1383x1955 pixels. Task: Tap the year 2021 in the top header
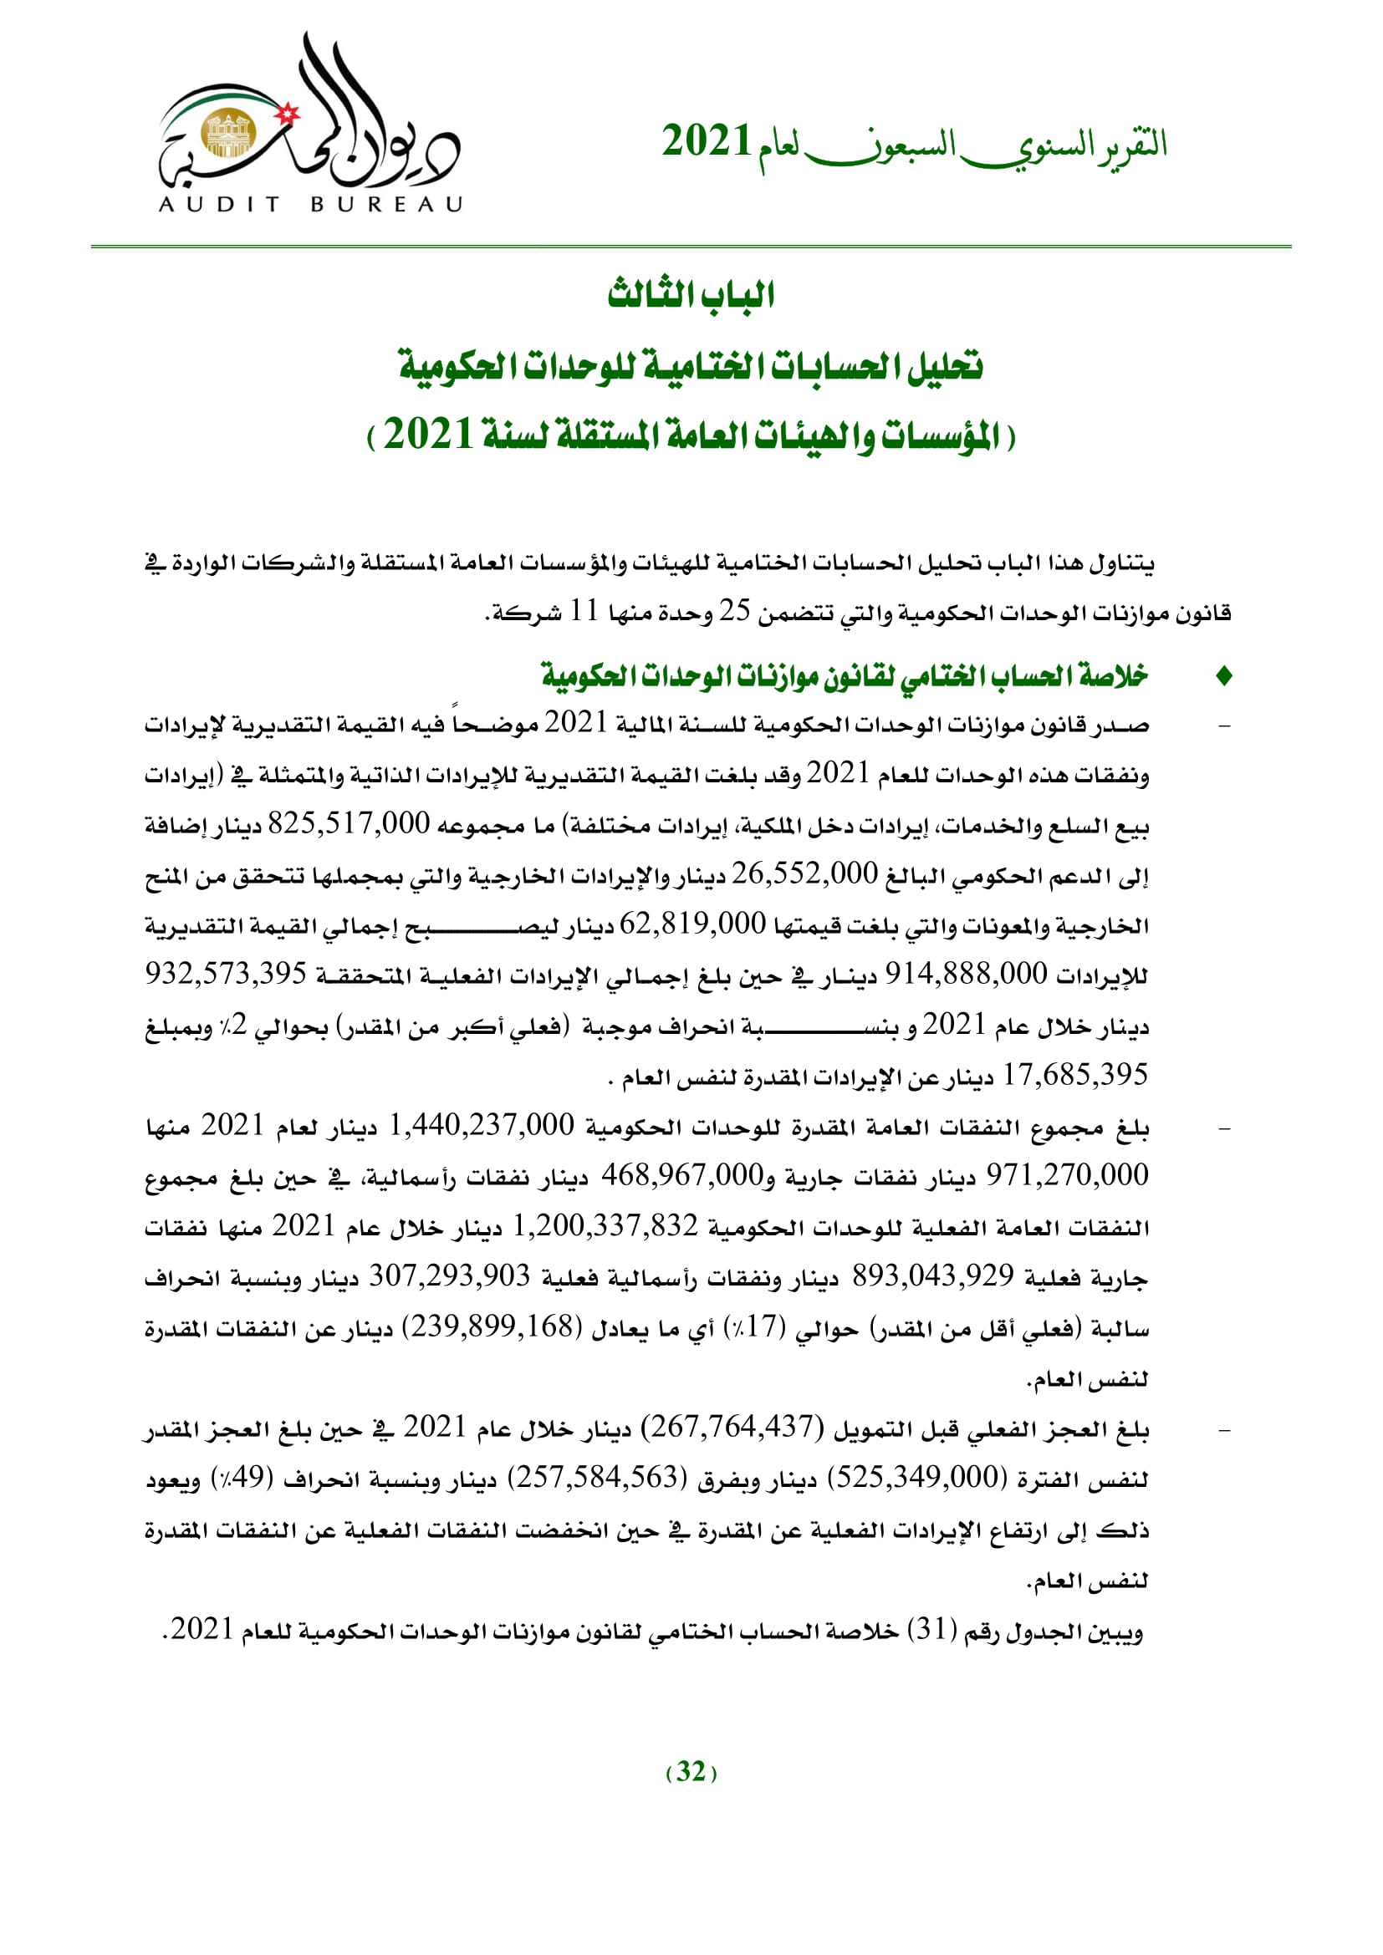706,141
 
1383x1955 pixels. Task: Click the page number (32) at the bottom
691,1772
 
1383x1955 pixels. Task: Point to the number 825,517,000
350,824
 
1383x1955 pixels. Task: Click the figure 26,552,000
804,874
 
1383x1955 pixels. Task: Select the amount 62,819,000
692,924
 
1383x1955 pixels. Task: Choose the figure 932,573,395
226,974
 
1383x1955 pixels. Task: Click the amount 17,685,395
1074,1076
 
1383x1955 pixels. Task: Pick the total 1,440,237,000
481,1126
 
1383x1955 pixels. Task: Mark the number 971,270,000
1067,1176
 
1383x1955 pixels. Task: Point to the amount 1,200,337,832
605,1226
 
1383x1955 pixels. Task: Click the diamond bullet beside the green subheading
1225,677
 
